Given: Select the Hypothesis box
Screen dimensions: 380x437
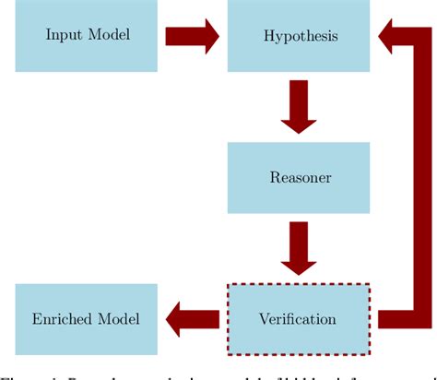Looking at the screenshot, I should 299,37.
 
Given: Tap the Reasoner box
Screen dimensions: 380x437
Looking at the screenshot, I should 299,177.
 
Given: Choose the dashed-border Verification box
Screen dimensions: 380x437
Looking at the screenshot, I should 299,319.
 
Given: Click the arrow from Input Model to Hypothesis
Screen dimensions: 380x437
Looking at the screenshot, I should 192,37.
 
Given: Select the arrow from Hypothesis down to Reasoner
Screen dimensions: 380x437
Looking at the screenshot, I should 299,107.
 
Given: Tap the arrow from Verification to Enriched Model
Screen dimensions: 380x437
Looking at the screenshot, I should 192,319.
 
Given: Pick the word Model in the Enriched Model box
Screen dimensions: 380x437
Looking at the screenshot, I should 120,319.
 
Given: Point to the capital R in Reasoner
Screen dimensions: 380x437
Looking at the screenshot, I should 274,177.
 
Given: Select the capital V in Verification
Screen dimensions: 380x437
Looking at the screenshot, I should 265,319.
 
